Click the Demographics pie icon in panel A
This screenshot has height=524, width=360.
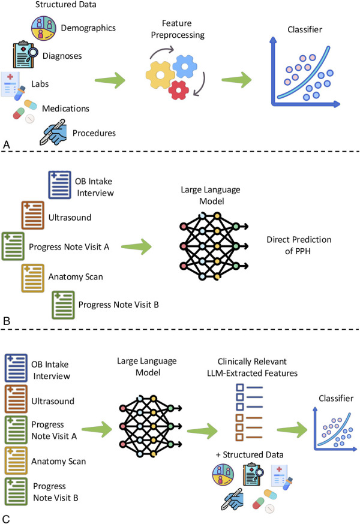(44, 28)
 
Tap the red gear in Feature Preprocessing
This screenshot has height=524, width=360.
(179, 90)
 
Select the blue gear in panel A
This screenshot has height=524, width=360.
(185, 66)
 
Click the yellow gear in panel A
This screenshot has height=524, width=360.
(160, 75)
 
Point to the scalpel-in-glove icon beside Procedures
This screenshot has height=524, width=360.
(53, 132)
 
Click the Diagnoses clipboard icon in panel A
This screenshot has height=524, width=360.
(25, 55)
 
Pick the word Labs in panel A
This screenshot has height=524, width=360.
(40, 84)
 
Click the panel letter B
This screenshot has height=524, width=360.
(7, 321)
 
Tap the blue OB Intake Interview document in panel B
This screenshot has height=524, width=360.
(59, 185)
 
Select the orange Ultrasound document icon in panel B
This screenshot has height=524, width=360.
(33, 215)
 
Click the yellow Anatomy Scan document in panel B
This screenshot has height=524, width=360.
(33, 278)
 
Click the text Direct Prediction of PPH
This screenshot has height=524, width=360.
(299, 245)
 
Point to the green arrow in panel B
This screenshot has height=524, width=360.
(136, 247)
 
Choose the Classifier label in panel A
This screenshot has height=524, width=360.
(305, 29)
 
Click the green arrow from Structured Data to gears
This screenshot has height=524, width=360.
(110, 80)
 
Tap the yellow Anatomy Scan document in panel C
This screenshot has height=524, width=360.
(16, 460)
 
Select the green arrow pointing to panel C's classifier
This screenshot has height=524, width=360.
(292, 430)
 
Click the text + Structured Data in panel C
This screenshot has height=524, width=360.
(250, 455)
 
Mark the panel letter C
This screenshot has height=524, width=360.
(7, 519)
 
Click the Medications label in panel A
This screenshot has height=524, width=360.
(65, 109)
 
